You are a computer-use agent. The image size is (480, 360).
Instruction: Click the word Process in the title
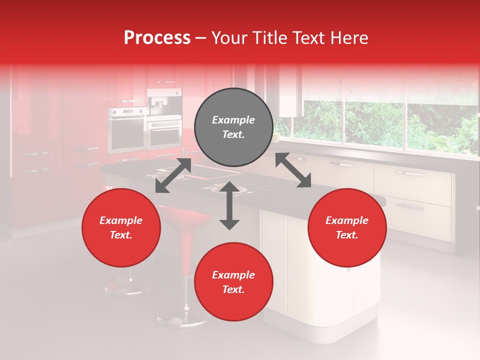click(x=157, y=38)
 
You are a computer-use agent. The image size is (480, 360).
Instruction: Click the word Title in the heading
click(x=273, y=38)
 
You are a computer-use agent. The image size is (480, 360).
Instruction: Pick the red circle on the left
click(x=121, y=227)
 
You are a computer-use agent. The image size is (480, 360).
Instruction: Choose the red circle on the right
click(x=347, y=227)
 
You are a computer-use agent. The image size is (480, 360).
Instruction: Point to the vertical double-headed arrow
click(x=229, y=205)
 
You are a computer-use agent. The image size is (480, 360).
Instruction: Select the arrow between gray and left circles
click(x=173, y=175)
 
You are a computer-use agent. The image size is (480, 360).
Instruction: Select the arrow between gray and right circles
click(x=293, y=170)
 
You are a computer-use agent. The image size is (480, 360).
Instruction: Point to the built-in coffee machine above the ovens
click(x=164, y=102)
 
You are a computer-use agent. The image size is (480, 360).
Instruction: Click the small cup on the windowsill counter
click(x=276, y=137)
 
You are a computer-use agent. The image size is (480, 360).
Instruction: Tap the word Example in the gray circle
click(x=233, y=120)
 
